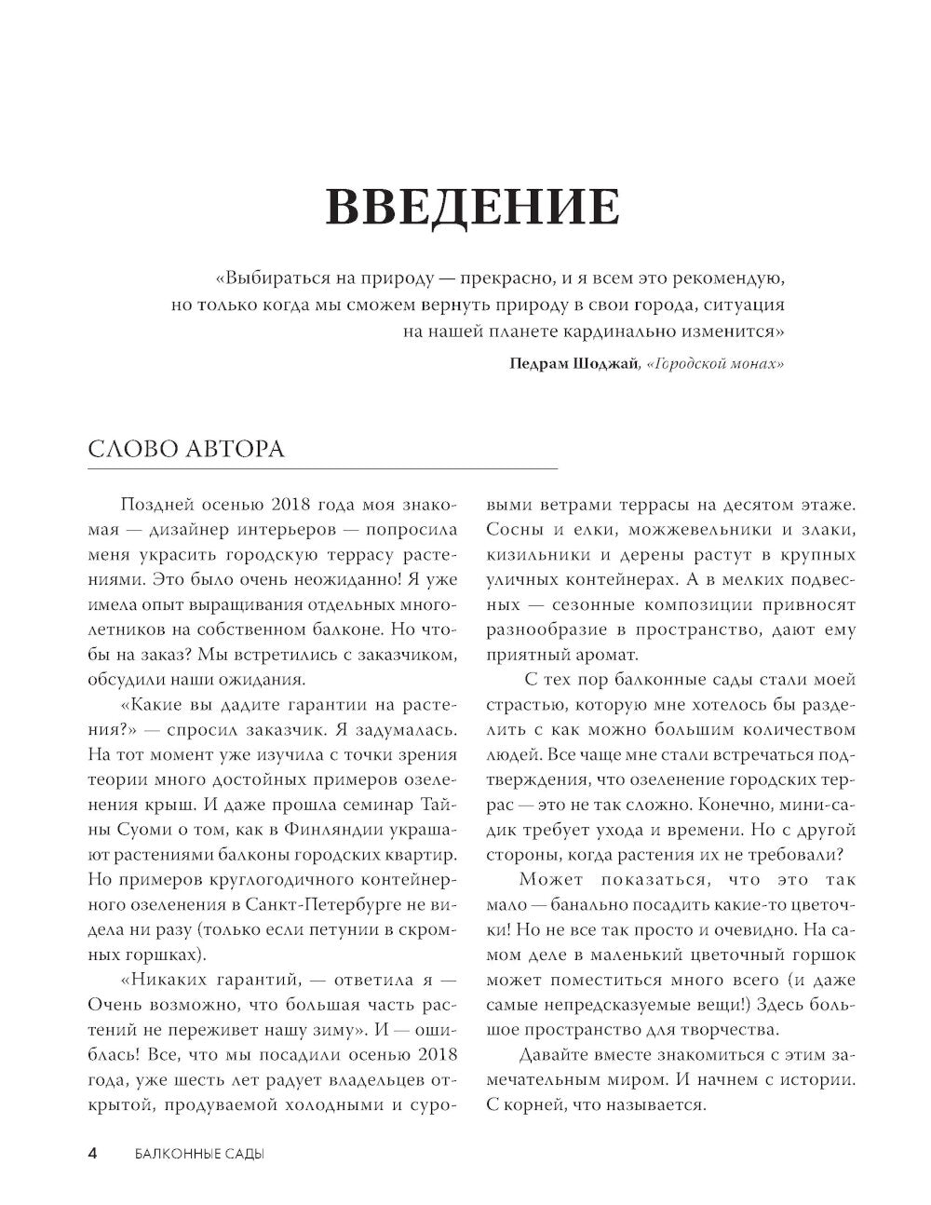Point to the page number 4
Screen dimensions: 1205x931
[92, 1154]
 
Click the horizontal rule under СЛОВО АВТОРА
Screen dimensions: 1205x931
[322, 467]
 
